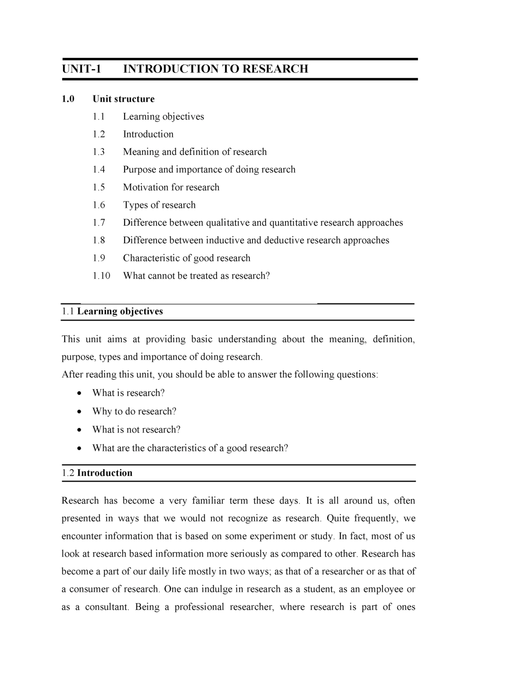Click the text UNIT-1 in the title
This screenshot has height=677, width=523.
tap(82, 69)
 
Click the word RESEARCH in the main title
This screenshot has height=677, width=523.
tap(275, 69)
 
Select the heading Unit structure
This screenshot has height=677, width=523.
tap(123, 99)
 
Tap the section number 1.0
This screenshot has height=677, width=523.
tap(68, 99)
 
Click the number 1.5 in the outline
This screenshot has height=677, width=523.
tap(98, 187)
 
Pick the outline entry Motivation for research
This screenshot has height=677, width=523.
tap(171, 187)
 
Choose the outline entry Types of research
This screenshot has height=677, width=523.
tap(159, 205)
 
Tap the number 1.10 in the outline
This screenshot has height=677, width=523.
tap(101, 276)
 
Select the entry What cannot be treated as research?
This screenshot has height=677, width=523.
tap(196, 276)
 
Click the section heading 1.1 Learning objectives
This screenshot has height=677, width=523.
tap(112, 311)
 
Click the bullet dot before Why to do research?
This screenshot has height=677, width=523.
tap(78, 412)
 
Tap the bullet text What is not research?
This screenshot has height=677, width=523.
tap(136, 430)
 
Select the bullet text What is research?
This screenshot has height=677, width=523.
tap(128, 393)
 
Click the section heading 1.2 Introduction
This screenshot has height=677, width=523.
tap(97, 473)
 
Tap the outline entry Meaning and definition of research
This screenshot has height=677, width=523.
tap(194, 152)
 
